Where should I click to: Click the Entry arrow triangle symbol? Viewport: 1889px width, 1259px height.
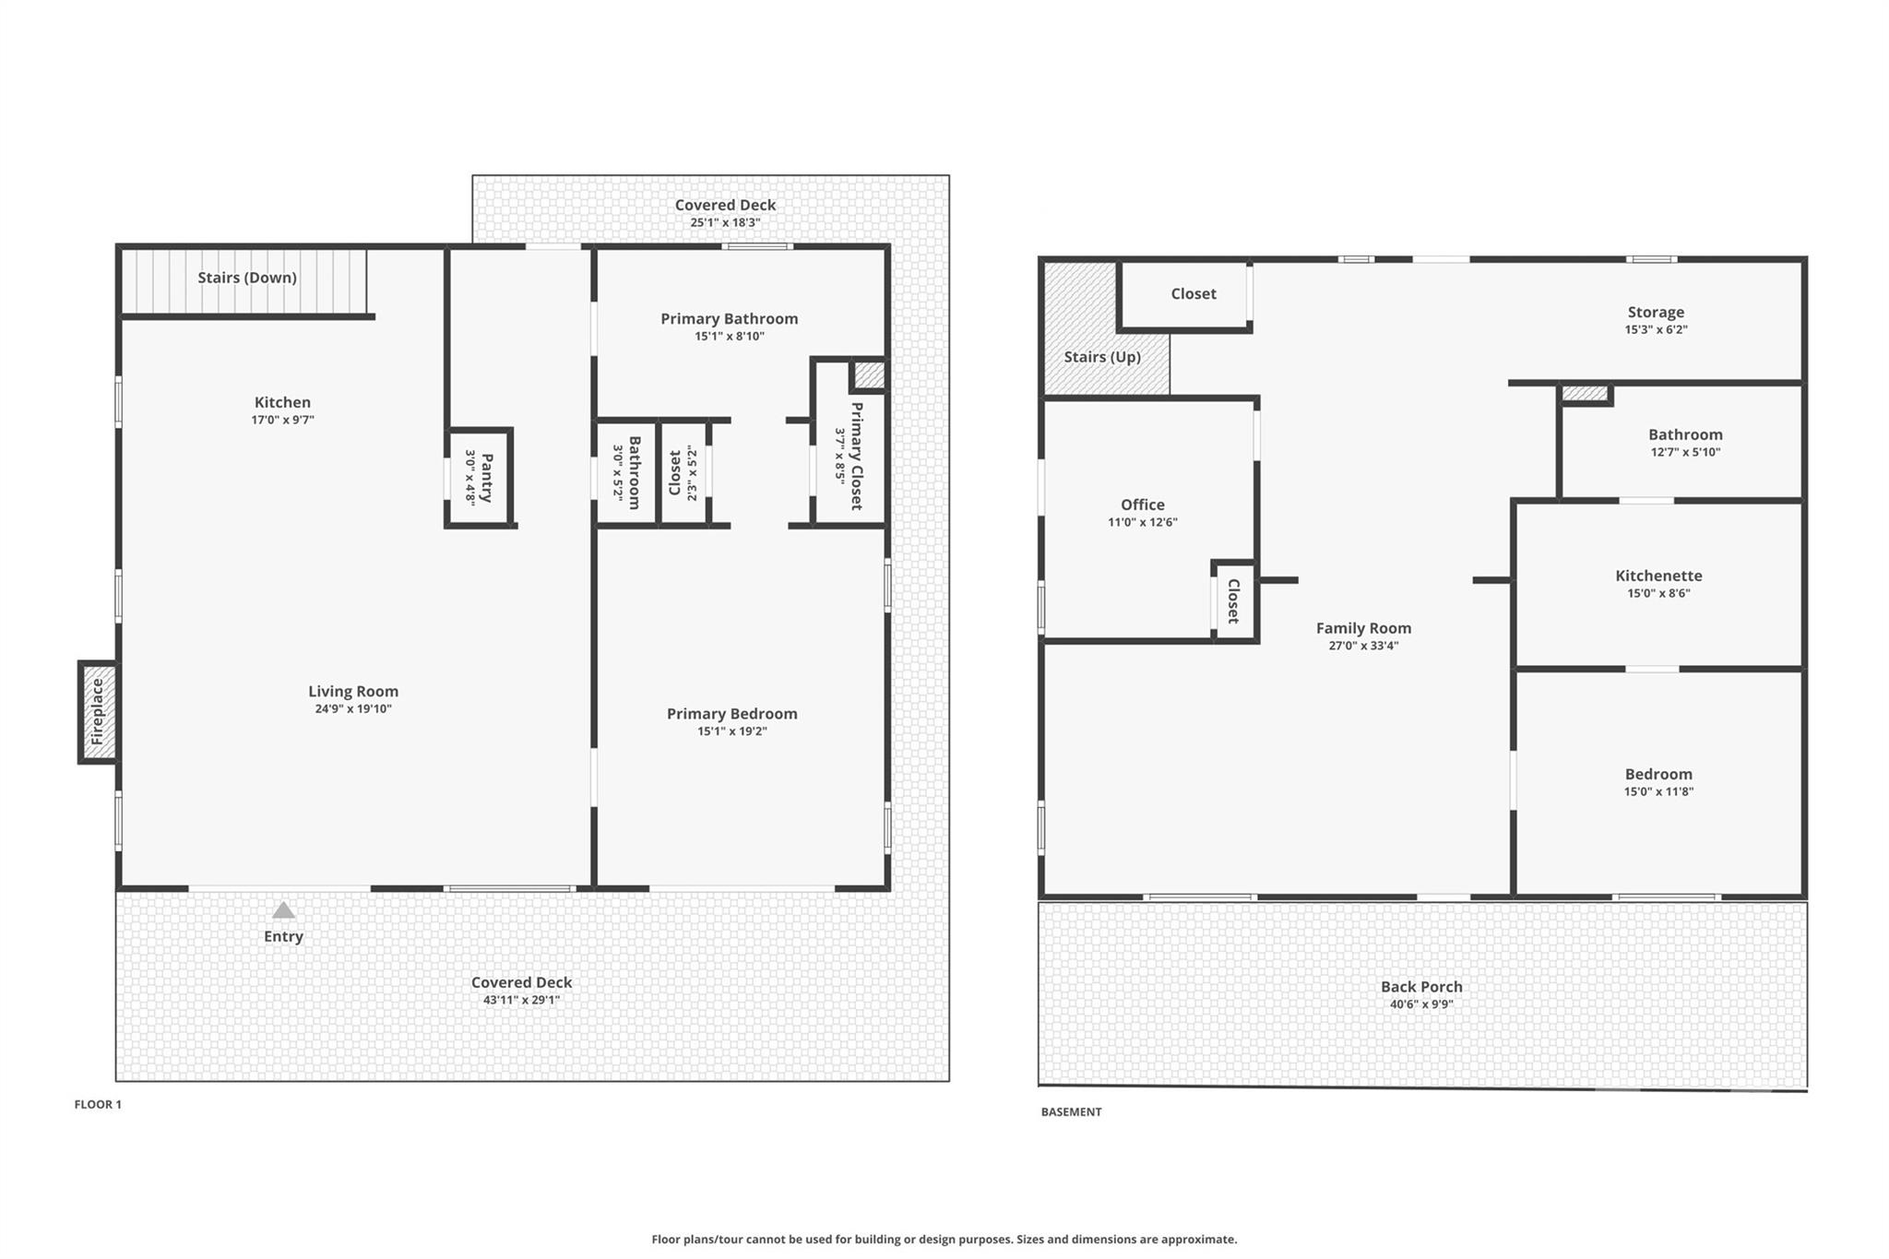point(283,910)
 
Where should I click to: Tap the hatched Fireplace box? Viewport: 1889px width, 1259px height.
point(98,712)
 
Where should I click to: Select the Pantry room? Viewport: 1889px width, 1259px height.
point(479,477)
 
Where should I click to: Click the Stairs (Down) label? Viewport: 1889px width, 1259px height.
point(247,278)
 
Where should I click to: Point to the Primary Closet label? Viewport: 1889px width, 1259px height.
point(856,456)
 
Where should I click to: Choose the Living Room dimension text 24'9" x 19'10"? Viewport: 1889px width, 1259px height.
point(353,709)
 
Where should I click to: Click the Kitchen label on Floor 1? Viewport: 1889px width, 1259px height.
point(282,402)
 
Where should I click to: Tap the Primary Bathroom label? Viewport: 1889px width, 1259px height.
point(729,319)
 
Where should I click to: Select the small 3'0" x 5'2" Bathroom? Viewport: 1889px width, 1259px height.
point(626,472)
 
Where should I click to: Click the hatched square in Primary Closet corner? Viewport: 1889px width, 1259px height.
point(869,375)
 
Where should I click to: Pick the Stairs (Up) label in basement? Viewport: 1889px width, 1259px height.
point(1102,357)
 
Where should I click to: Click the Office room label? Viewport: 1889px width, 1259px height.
point(1142,505)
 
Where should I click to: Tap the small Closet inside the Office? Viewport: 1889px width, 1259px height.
point(1234,601)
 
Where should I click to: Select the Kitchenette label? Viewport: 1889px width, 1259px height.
point(1658,576)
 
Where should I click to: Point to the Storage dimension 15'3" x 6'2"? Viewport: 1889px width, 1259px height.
point(1656,330)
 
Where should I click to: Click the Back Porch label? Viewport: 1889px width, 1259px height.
point(1421,987)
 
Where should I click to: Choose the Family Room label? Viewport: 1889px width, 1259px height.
point(1363,628)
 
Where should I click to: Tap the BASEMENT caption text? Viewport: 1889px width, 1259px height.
point(1071,1112)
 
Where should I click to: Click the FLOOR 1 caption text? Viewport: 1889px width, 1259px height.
point(98,1105)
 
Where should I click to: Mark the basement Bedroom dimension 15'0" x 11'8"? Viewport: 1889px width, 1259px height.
point(1658,792)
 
